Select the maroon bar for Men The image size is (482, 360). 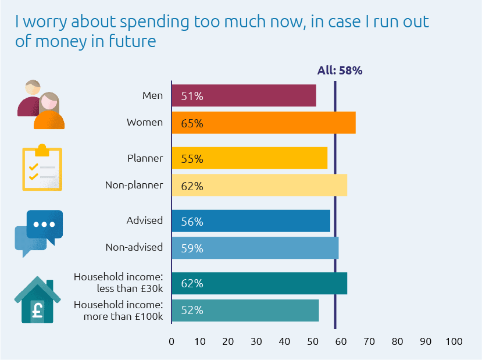tap(244, 96)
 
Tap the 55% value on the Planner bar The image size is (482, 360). tap(192, 159)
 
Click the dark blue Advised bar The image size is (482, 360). tap(251, 222)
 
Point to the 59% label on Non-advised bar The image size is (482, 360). tap(192, 248)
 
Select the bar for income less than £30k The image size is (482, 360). tap(259, 284)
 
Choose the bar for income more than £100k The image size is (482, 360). tap(245, 311)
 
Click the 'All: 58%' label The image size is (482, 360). tap(340, 70)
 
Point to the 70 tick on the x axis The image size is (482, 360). tap(369, 341)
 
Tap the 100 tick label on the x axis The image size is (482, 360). tap(454, 341)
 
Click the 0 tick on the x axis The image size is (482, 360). tap(172, 341)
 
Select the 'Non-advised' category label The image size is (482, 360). tap(134, 247)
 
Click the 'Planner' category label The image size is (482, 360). tap(145, 158)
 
